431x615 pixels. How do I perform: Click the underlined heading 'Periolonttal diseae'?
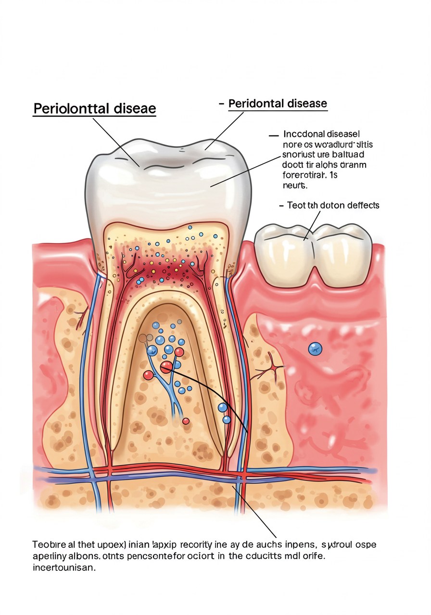[94, 109]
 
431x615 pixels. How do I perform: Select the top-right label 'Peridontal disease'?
[278, 103]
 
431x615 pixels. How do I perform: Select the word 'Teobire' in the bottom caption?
[49, 545]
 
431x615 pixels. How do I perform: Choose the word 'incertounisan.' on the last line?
[64, 567]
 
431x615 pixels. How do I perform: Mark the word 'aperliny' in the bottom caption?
[50, 556]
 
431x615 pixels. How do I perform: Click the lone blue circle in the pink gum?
[315, 349]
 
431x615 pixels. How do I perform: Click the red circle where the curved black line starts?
[166, 368]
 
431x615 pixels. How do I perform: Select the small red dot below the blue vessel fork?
[186, 421]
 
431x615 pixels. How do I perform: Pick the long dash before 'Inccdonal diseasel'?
[274, 135]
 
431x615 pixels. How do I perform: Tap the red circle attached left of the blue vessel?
[148, 375]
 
